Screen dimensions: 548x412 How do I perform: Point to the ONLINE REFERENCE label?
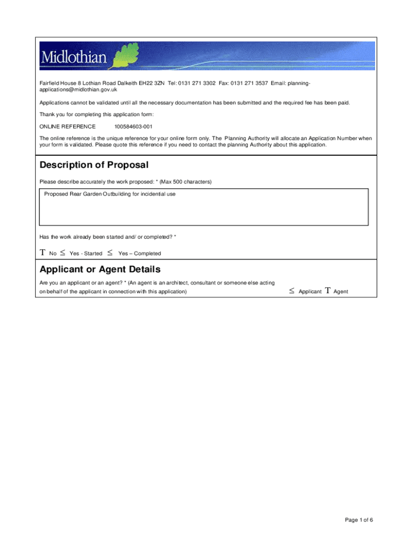coord(67,127)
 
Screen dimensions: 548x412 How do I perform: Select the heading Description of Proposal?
coord(94,165)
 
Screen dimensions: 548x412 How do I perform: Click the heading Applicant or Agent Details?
coord(100,269)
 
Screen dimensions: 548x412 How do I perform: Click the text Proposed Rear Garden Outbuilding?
coord(110,194)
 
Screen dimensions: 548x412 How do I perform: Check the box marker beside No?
coord(42,253)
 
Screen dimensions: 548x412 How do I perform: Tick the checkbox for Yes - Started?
coord(63,253)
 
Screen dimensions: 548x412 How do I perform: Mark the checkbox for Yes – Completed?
coord(110,253)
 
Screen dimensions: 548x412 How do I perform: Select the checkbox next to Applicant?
coord(292,291)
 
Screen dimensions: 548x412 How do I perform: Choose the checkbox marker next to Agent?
coord(327,291)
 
